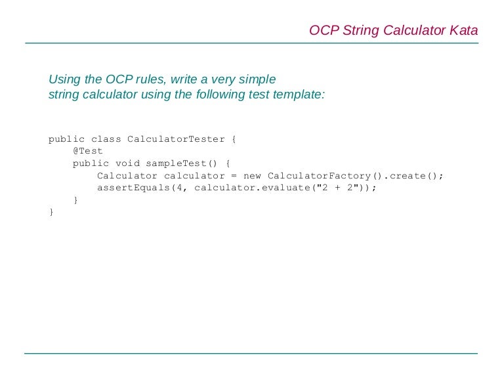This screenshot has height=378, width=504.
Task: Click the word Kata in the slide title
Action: tap(464, 30)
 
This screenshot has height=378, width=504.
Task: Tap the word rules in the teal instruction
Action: tap(150, 79)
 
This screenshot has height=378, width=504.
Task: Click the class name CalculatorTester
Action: tap(175, 139)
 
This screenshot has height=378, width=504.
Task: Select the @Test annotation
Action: tap(88, 151)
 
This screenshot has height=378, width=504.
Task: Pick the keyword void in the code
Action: tap(127, 163)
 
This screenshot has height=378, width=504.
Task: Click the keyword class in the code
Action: tap(106, 139)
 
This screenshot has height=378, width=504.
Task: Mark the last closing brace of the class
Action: tap(51, 212)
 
